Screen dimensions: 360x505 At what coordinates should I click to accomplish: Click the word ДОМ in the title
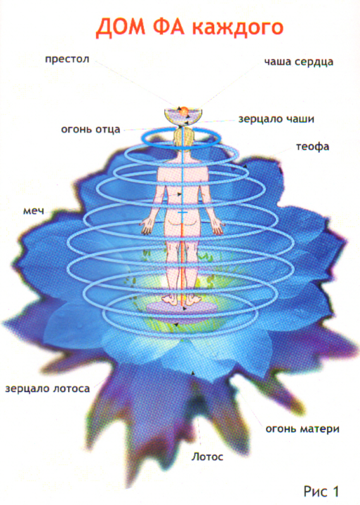click(120, 27)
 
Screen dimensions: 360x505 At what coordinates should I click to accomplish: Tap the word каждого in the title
click(237, 28)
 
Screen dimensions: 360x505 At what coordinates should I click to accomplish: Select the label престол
click(67, 59)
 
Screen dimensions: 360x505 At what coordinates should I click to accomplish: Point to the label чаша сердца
click(299, 62)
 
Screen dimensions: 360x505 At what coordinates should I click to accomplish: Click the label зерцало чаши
click(276, 119)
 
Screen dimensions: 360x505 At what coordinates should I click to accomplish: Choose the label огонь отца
click(90, 129)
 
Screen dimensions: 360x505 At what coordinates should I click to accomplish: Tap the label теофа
click(313, 147)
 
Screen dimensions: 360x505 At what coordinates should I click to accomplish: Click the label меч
click(33, 211)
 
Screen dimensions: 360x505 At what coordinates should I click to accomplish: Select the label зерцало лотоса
click(47, 389)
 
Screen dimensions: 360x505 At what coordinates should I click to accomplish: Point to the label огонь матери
click(303, 429)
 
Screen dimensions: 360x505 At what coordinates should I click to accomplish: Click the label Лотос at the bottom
click(207, 456)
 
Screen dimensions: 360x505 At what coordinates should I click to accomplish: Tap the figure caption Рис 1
click(321, 492)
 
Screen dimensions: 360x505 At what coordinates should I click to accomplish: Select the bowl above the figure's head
click(183, 117)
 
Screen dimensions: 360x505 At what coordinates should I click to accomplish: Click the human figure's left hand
click(148, 225)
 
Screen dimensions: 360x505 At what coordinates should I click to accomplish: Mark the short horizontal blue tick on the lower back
click(183, 213)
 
